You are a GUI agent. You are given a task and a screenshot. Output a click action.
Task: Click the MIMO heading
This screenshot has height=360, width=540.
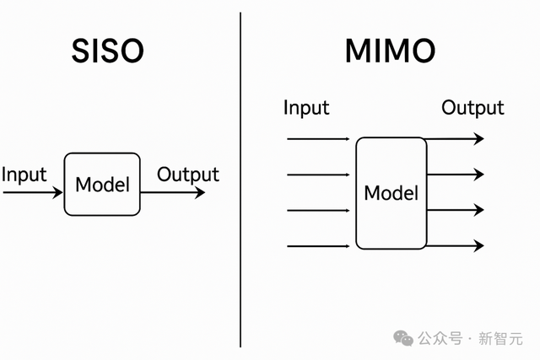coord(390,51)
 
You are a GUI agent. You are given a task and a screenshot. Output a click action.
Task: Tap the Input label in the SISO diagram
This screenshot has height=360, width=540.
coord(24,175)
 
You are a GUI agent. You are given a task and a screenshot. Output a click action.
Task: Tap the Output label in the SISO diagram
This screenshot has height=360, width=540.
coord(188,175)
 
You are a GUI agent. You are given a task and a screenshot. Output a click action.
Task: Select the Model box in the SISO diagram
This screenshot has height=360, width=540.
coord(102,184)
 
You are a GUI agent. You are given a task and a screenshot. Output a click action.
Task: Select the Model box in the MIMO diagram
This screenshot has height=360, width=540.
coord(391,193)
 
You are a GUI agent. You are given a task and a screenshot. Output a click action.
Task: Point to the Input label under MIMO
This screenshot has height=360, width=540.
coord(306,108)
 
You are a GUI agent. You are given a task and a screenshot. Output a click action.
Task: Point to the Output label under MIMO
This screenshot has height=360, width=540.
coord(472,108)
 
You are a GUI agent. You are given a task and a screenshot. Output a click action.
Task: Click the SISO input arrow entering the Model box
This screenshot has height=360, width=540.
coord(34,192)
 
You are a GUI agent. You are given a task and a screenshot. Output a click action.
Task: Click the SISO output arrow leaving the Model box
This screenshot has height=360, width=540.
coord(172,192)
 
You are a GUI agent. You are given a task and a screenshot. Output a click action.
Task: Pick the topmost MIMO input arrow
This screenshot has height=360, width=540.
coord(319,138)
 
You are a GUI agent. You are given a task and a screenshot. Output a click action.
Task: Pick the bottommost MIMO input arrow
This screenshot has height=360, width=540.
coord(319,246)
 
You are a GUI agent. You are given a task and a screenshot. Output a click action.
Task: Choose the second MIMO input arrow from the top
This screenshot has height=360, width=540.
coord(319,175)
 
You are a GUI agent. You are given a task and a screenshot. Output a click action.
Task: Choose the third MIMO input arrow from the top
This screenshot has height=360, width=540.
coord(319,210)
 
